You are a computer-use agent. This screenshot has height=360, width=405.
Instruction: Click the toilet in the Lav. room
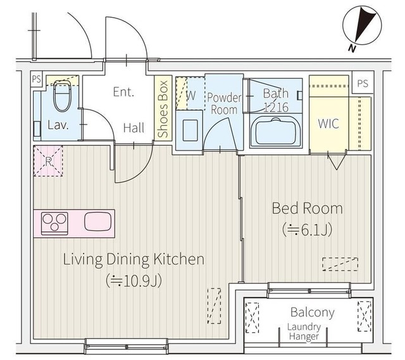(x=62, y=96)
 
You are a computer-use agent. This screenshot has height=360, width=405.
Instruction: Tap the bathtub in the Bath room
(x=276, y=131)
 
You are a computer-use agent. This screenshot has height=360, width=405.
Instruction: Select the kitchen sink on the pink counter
(x=98, y=221)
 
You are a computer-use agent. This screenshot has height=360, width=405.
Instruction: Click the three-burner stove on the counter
(x=54, y=223)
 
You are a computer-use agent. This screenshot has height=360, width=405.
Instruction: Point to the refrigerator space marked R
(x=48, y=161)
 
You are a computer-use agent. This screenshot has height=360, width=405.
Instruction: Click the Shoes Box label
(x=163, y=109)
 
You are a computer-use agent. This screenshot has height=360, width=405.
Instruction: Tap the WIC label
(x=328, y=123)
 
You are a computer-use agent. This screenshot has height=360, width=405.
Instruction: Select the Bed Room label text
(x=308, y=208)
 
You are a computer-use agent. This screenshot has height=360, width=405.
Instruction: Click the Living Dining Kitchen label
(x=134, y=260)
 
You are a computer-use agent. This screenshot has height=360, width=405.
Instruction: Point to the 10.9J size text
(x=134, y=280)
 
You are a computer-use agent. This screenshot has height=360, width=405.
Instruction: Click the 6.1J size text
(x=308, y=230)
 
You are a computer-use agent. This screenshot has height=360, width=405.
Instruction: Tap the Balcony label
(x=313, y=312)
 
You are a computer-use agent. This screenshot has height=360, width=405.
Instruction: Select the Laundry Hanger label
(x=304, y=332)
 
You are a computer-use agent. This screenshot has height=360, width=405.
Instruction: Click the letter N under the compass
(x=351, y=48)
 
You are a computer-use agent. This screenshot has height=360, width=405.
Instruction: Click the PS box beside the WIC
(x=363, y=83)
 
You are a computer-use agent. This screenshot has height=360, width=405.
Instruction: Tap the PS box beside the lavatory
(x=37, y=79)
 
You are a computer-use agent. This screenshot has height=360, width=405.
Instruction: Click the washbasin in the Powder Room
(x=190, y=130)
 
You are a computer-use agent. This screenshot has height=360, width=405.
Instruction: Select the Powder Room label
(x=224, y=104)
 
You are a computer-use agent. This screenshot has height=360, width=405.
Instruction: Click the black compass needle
(x=364, y=24)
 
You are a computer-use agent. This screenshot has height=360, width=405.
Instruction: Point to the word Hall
(x=134, y=128)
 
